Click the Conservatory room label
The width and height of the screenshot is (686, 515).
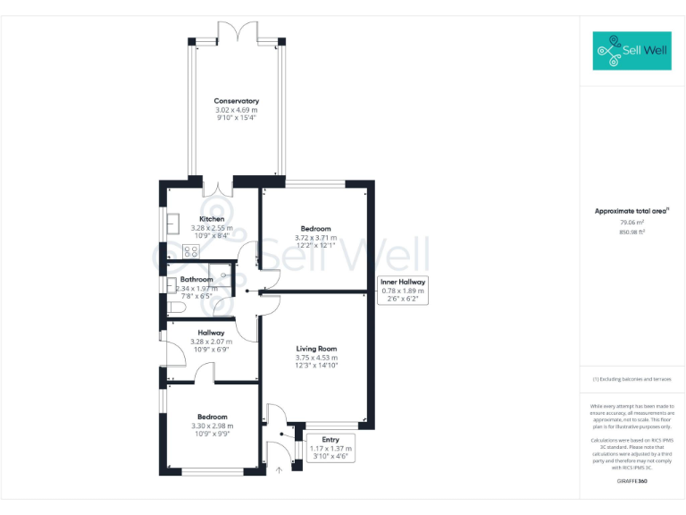(x=236, y=101)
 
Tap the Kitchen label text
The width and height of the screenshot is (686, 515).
(x=212, y=219)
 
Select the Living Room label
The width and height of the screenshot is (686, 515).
(x=317, y=349)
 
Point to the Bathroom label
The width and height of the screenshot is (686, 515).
(x=195, y=280)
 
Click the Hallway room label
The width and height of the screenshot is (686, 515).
(x=211, y=333)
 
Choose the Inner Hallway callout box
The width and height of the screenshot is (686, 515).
(x=404, y=290)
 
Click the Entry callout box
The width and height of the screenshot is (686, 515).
(x=330, y=447)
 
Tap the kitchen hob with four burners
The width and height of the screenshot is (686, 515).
(x=190, y=251)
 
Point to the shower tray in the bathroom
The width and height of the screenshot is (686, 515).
(x=219, y=274)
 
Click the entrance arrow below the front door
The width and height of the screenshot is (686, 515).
(x=278, y=467)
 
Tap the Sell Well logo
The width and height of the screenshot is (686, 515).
(x=632, y=51)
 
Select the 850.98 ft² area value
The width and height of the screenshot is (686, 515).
(x=632, y=232)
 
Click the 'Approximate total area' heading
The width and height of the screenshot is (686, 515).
(x=632, y=211)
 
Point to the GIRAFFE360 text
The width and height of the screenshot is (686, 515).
(x=632, y=481)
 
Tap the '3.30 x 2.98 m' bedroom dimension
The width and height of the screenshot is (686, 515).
(x=213, y=426)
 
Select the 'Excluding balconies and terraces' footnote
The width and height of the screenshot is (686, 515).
(x=632, y=379)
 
